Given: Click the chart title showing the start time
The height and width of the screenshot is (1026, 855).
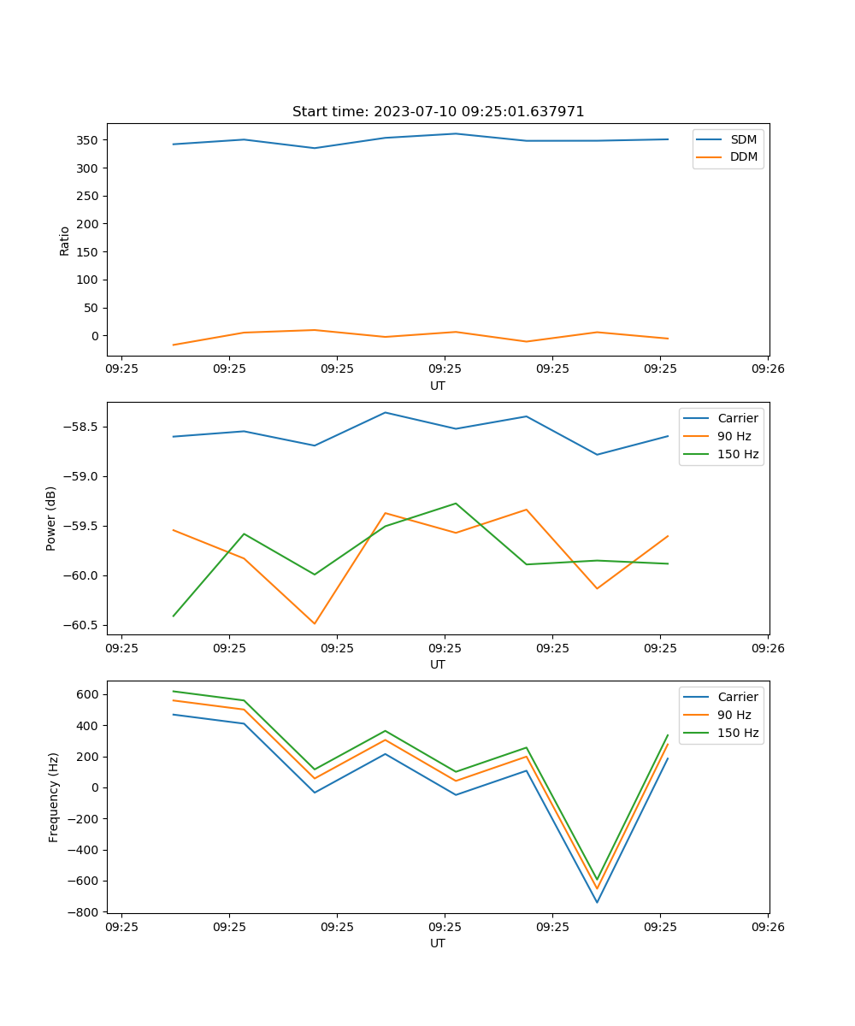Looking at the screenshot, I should [x=438, y=112].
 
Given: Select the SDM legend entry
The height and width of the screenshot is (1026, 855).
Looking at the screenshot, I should [x=743, y=139].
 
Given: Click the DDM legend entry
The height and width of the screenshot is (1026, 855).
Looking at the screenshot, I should [x=743, y=156].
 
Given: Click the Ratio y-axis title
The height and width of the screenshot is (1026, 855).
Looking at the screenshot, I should [x=65, y=240].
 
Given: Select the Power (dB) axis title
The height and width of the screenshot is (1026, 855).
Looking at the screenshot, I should [x=51, y=518].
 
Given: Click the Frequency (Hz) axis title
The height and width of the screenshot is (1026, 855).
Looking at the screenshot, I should [x=53, y=797].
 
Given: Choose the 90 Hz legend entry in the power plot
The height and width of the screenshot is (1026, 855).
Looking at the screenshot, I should [x=734, y=436].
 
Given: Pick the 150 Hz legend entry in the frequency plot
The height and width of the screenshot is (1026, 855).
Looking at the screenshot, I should [x=738, y=733].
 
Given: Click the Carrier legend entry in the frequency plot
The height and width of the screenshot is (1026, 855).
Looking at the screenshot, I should [x=737, y=697].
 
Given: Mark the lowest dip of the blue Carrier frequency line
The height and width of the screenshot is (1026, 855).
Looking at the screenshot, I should [x=597, y=902].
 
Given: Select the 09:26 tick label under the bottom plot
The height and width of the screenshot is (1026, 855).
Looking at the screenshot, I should [x=768, y=926].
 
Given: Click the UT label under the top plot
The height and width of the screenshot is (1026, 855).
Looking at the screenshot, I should [x=438, y=386].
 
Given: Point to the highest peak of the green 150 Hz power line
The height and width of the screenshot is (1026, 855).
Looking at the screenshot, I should [x=456, y=504].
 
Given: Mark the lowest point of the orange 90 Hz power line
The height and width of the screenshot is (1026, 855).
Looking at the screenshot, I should [x=315, y=623].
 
